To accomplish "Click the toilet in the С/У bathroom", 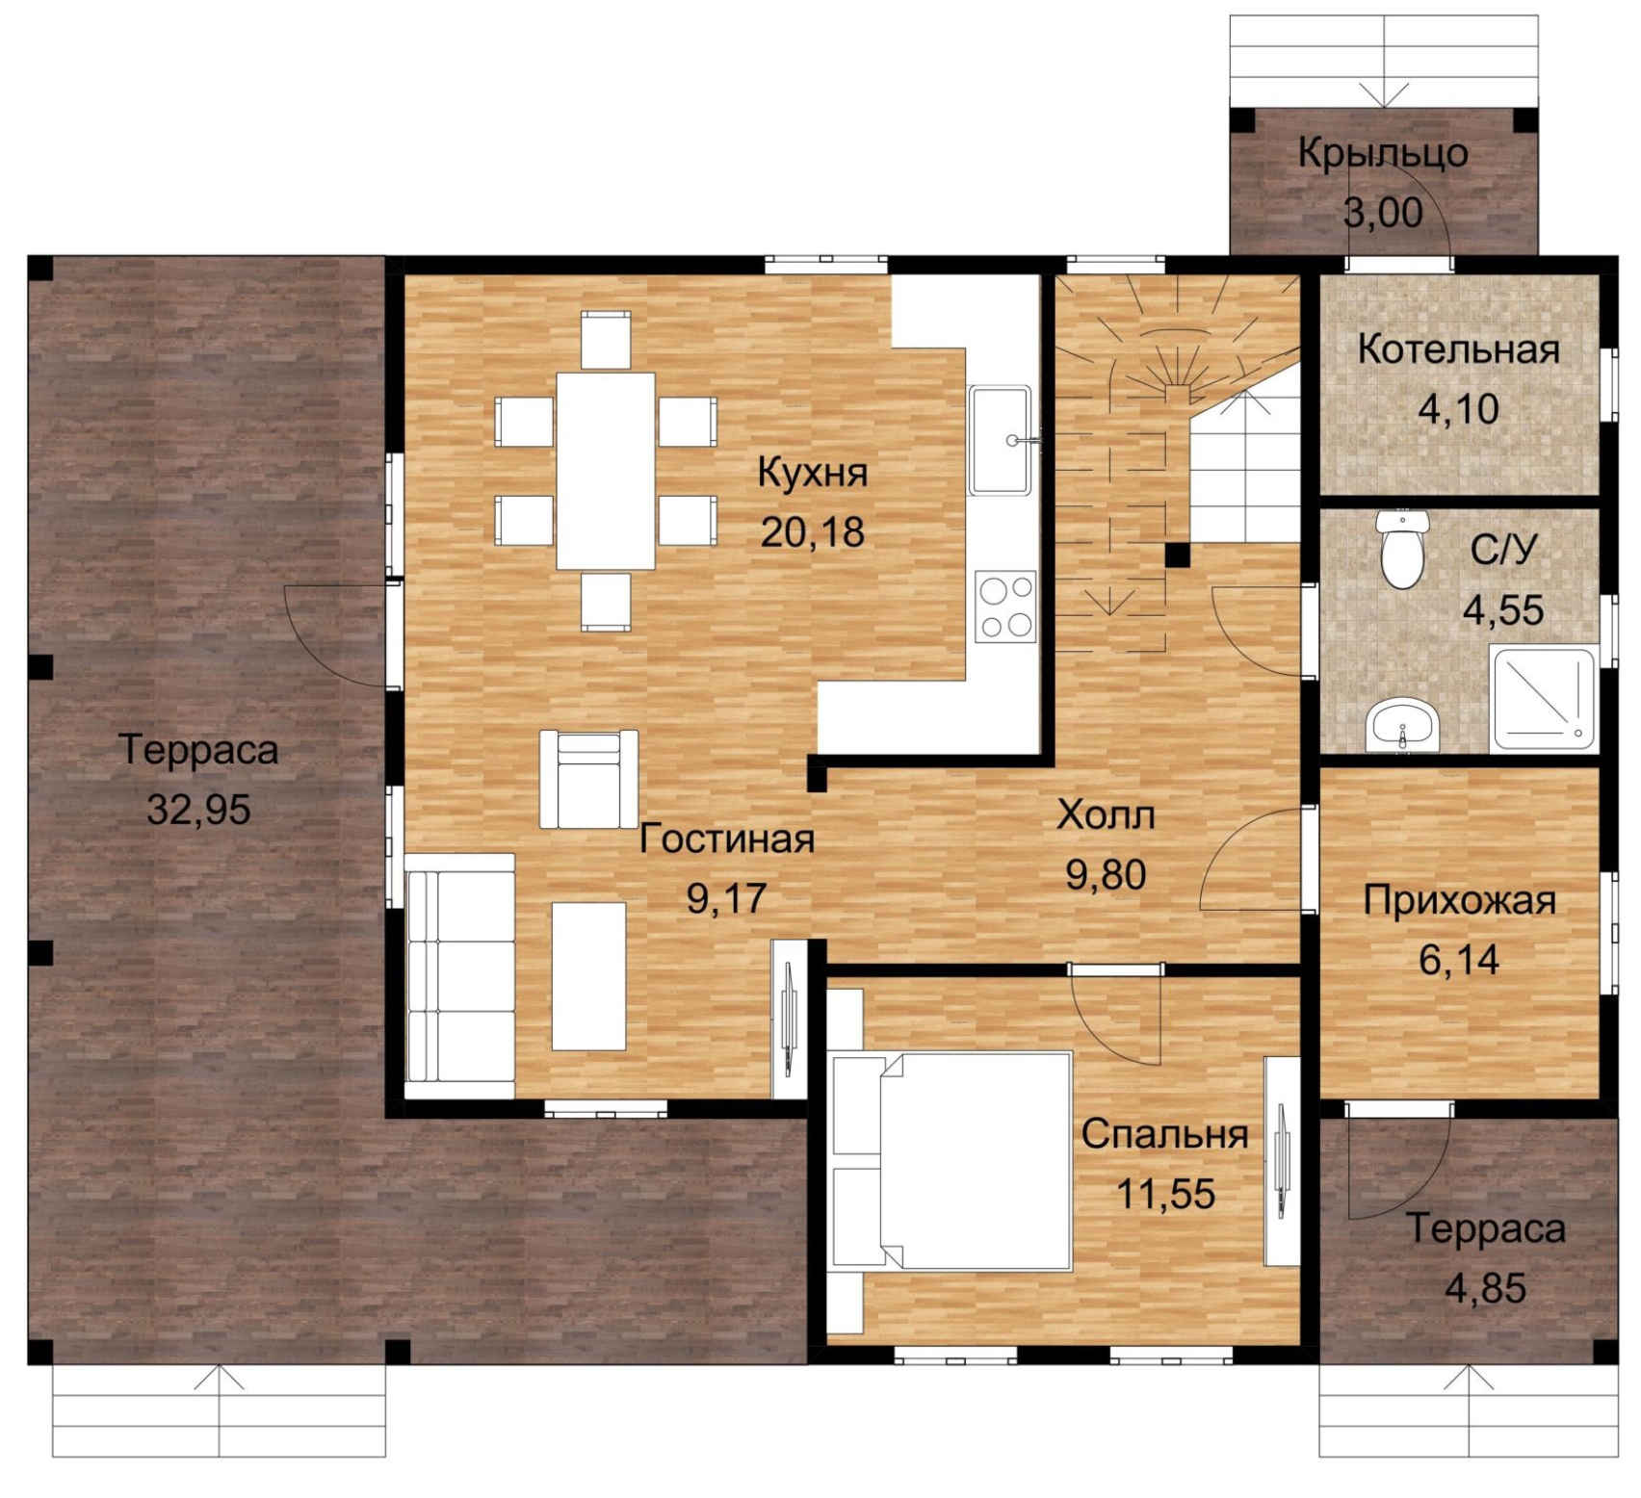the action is point(1401,549).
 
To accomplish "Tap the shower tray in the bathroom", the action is point(1543,699).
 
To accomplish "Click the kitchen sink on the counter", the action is point(1002,440).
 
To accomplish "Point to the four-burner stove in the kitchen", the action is point(1005,607).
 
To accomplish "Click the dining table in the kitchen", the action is point(606,471).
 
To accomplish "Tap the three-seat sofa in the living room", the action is point(460,976).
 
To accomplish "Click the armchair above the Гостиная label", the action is point(588,779).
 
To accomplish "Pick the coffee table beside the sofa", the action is point(588,976).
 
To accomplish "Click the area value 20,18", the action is point(813,532).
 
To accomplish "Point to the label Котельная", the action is point(1458,349).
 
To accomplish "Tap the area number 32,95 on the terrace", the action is point(198,810).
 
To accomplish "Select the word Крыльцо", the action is point(1383,154).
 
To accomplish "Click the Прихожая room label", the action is point(1459,901).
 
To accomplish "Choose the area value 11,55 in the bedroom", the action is point(1165,1194).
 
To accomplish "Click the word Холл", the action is point(1106,815).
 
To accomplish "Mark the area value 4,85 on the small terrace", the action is point(1485,1289).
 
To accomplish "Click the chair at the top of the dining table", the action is point(606,340).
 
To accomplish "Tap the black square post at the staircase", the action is point(1177,555).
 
